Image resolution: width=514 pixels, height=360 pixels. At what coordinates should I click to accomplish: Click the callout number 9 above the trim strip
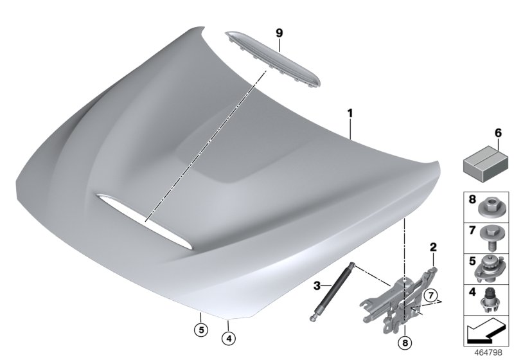(279, 32)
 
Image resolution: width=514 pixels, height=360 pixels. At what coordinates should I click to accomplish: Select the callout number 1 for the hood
(350, 114)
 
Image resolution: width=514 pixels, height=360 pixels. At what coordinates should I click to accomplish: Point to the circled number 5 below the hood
(200, 331)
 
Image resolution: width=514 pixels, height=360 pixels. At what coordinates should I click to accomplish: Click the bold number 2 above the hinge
(432, 247)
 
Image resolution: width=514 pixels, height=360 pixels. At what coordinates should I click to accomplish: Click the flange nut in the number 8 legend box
(488, 207)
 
